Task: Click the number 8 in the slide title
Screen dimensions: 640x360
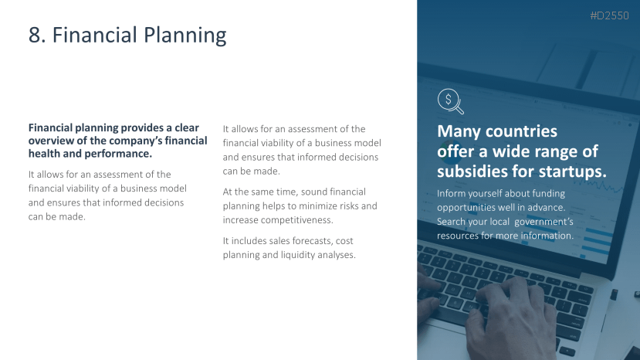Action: (35, 35)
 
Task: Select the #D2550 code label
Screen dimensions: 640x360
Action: (609, 15)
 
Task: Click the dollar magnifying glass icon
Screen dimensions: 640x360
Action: (451, 101)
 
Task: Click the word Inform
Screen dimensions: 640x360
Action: (450, 193)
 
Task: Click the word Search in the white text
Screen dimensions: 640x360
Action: (451, 222)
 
